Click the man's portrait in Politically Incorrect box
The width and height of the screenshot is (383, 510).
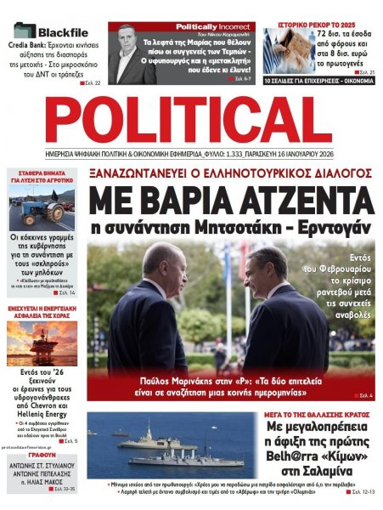[x=127, y=56]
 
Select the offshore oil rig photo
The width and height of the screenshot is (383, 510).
[x=41, y=343]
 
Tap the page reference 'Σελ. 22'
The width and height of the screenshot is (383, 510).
[x=91, y=83]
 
